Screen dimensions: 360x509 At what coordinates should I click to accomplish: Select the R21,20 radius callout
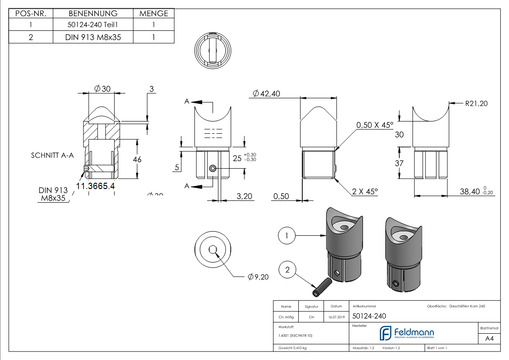click(x=476, y=103)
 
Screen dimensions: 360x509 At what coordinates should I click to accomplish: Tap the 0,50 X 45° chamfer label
click(x=374, y=125)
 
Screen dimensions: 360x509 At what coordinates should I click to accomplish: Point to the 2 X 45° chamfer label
click(x=364, y=192)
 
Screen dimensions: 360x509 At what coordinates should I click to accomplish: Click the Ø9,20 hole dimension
click(x=258, y=277)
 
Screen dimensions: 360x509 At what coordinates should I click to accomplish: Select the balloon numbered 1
click(x=287, y=235)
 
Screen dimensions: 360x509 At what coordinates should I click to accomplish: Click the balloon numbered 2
click(x=287, y=271)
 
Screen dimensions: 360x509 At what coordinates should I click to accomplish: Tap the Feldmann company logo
click(x=407, y=333)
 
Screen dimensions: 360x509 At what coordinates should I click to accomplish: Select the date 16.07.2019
click(x=336, y=317)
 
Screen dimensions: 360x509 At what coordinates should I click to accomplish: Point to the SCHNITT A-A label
click(x=52, y=155)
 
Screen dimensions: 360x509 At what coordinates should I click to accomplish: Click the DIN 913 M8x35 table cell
click(x=93, y=37)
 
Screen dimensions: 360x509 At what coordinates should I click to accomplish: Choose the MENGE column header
click(x=154, y=14)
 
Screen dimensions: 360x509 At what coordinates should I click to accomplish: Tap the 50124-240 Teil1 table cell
click(x=93, y=25)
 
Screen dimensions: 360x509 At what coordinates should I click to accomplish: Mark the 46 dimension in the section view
click(x=137, y=159)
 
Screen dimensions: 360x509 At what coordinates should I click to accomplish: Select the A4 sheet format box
click(x=489, y=338)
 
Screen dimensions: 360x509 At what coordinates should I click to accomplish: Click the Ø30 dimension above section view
click(x=102, y=89)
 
